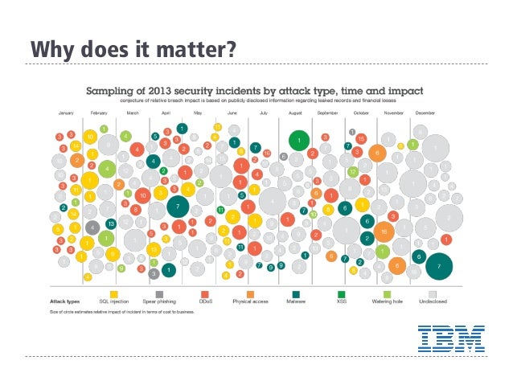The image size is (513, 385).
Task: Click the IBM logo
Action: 450,338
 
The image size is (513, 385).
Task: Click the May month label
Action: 196,114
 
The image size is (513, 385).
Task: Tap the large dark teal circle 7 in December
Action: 439,264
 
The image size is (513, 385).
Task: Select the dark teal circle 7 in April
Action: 177,207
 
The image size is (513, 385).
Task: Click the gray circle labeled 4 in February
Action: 92,227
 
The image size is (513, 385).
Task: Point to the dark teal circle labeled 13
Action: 111,223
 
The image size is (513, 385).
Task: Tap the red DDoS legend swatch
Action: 205,293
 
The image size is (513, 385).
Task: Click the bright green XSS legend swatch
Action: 341,293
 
